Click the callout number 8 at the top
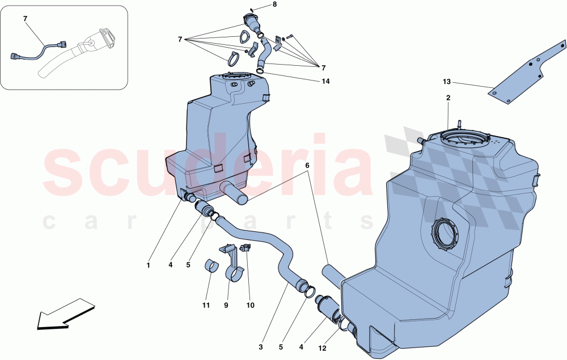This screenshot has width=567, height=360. point(274,5)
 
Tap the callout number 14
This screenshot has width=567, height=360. point(325,81)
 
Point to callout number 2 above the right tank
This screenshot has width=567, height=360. point(448,98)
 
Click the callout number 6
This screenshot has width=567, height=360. point(308,166)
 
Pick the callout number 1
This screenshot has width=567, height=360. point(149,265)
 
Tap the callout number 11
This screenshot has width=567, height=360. point(206,306)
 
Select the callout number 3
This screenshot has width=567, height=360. point(261,346)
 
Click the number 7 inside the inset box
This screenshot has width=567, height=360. point(25,19)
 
